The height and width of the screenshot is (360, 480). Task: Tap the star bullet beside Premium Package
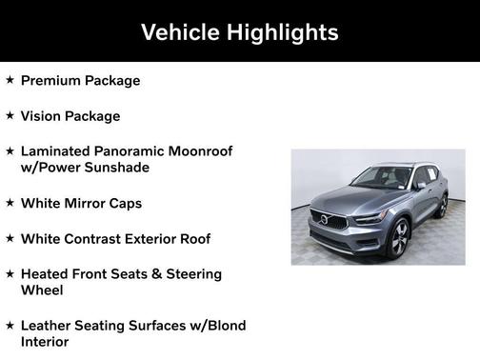point(10,80)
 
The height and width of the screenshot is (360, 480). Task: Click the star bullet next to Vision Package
point(10,115)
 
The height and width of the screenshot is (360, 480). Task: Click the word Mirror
point(92,204)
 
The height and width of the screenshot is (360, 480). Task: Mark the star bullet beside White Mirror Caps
point(10,203)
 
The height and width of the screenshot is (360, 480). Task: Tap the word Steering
point(189,274)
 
